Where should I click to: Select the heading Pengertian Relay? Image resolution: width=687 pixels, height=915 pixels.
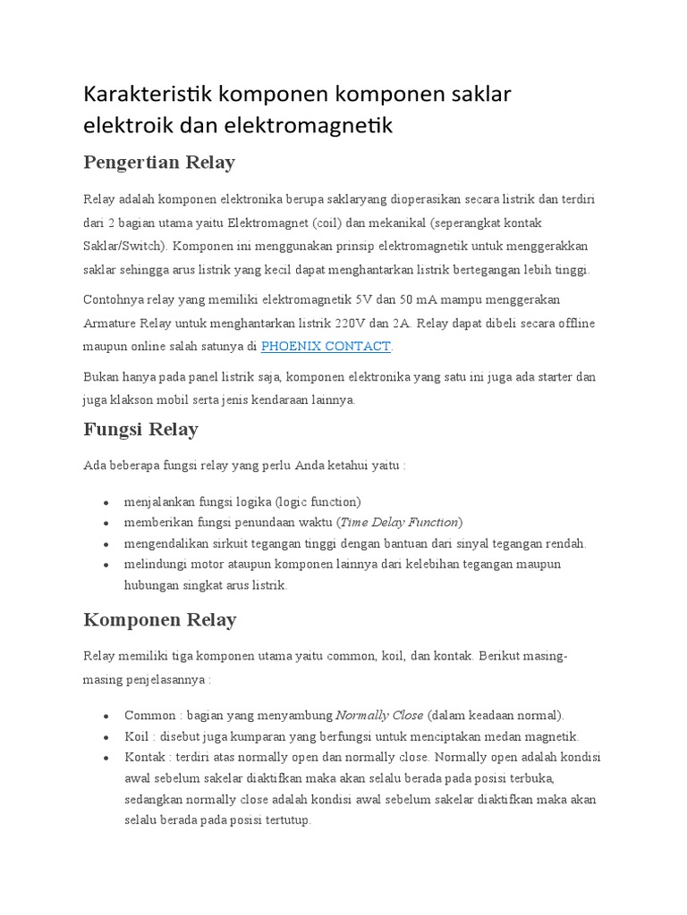pos(158,162)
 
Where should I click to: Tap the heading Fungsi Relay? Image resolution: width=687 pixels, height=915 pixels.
pos(140,429)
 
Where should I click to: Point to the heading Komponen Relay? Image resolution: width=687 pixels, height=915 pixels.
pos(158,619)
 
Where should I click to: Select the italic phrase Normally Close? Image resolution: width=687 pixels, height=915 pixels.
pos(379,715)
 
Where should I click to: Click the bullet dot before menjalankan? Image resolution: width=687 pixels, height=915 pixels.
pos(106,502)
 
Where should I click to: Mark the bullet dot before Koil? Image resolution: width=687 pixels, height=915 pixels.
pos(106,737)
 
